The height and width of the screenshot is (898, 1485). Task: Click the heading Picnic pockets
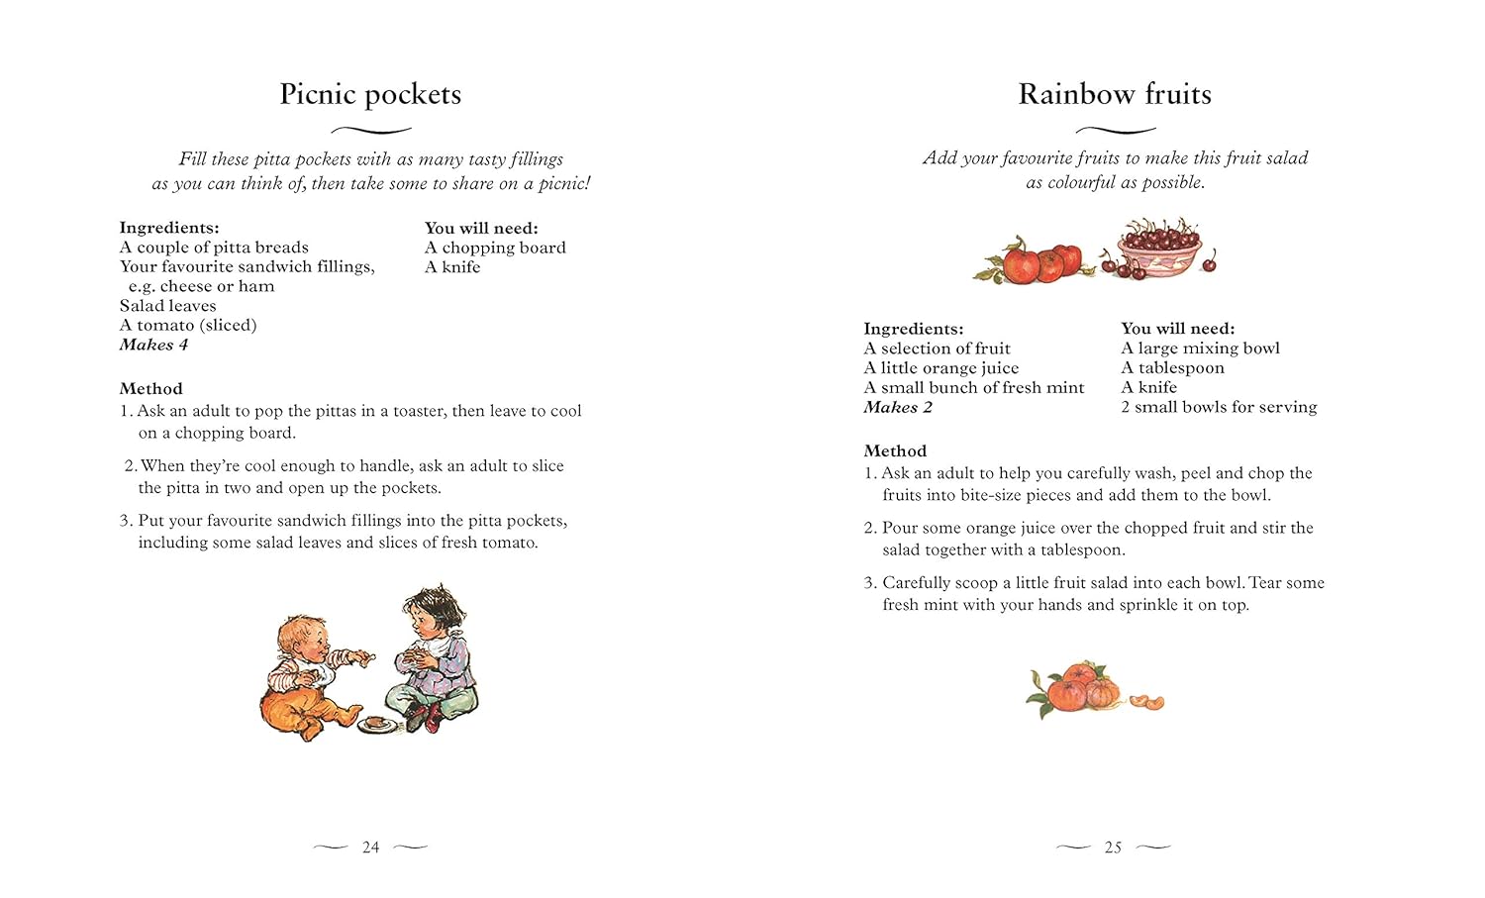[x=370, y=94]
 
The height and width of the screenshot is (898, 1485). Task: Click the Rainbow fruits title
[x=1115, y=94]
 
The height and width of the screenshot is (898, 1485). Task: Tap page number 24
[x=370, y=848]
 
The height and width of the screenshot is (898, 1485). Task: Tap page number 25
[x=1114, y=848]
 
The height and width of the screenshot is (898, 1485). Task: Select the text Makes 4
[x=153, y=345]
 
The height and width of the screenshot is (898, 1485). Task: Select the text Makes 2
[x=898, y=407]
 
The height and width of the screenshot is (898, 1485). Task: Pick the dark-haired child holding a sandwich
[x=433, y=653]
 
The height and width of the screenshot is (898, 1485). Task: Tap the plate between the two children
[x=376, y=724]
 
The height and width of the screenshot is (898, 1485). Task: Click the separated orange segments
[x=1148, y=702]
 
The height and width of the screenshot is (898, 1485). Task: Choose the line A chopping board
[x=495, y=248]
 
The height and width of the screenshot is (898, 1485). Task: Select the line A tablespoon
[x=1172, y=367]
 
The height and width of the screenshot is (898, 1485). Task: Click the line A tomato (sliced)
[x=188, y=325]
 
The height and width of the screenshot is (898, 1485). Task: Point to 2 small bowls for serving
[x=1219, y=407]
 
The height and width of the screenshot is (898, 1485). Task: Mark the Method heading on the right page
[x=895, y=450]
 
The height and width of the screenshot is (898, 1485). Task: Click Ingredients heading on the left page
[x=169, y=228]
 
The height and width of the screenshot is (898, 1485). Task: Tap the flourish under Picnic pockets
[x=370, y=130]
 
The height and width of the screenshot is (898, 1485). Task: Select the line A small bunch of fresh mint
[x=973, y=387]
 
